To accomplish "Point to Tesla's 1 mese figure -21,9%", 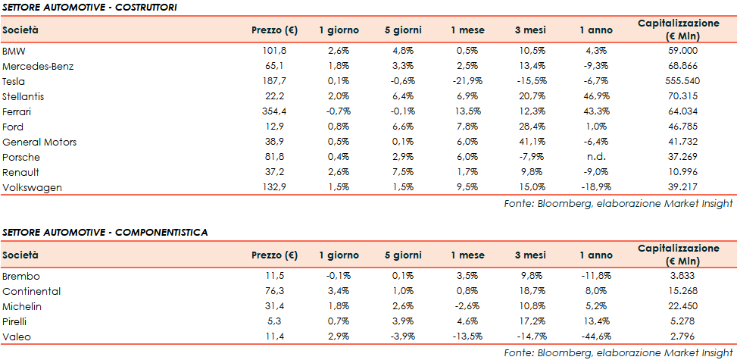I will click(463, 81).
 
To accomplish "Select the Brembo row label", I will click(21, 276).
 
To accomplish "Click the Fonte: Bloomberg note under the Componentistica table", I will click(619, 352).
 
